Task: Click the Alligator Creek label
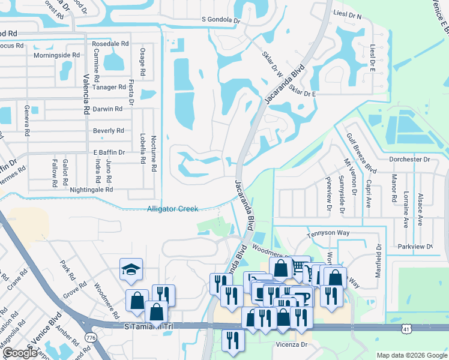coord(173,209)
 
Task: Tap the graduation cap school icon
coord(130,271)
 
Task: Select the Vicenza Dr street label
coord(291,344)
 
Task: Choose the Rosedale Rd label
coord(110,44)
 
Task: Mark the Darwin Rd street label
coord(107,109)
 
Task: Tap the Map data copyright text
coord(411,355)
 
